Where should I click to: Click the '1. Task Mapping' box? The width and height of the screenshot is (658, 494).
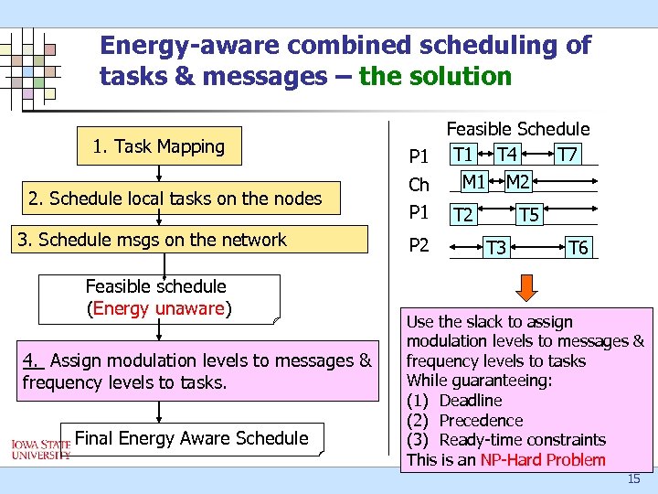point(159,146)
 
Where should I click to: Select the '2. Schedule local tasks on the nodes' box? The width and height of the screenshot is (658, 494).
point(175,199)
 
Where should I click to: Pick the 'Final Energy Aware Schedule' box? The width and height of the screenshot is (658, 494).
point(191,438)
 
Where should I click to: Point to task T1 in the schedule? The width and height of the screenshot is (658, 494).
point(463,153)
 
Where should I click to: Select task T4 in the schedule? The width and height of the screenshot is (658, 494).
point(507,153)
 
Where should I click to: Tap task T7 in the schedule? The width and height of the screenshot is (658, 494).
point(568,153)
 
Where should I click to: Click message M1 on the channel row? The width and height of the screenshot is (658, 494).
point(473,182)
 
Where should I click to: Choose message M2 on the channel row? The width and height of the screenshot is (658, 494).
point(518,182)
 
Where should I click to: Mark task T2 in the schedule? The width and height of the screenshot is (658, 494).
point(463,215)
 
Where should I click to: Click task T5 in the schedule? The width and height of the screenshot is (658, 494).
point(528,215)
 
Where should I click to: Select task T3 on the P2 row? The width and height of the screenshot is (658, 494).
point(496,247)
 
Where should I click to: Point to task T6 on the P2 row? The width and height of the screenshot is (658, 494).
point(578,247)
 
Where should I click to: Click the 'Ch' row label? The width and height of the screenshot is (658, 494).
point(419,185)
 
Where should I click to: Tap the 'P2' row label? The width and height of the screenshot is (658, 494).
point(419,245)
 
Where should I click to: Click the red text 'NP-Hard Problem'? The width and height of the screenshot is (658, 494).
point(544,459)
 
